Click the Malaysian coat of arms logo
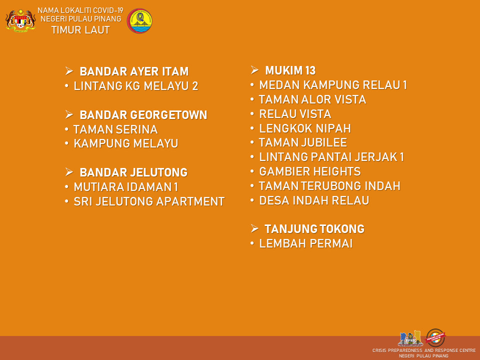[x=20, y=20]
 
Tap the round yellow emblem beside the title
[x=139, y=21]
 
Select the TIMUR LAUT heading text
[x=80, y=30]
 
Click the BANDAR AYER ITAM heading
[x=134, y=71]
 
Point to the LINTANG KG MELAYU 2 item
[x=136, y=86]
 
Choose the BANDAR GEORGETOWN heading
[x=143, y=115]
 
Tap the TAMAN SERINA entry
[x=115, y=129]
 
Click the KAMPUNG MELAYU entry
[x=126, y=143]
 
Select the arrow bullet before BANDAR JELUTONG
[x=69, y=172]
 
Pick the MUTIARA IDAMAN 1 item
[x=126, y=187]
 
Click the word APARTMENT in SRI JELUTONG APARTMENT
[x=190, y=201]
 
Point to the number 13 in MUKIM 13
[x=309, y=70]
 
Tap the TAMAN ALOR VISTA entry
[x=312, y=99]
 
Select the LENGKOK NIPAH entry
[x=305, y=128]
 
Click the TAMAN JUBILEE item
[x=303, y=142]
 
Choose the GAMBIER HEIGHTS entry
[x=310, y=171]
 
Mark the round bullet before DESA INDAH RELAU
[x=252, y=200]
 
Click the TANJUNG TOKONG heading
[x=314, y=229]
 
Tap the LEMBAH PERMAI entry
[x=306, y=243]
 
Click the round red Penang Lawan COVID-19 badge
[x=435, y=337]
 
